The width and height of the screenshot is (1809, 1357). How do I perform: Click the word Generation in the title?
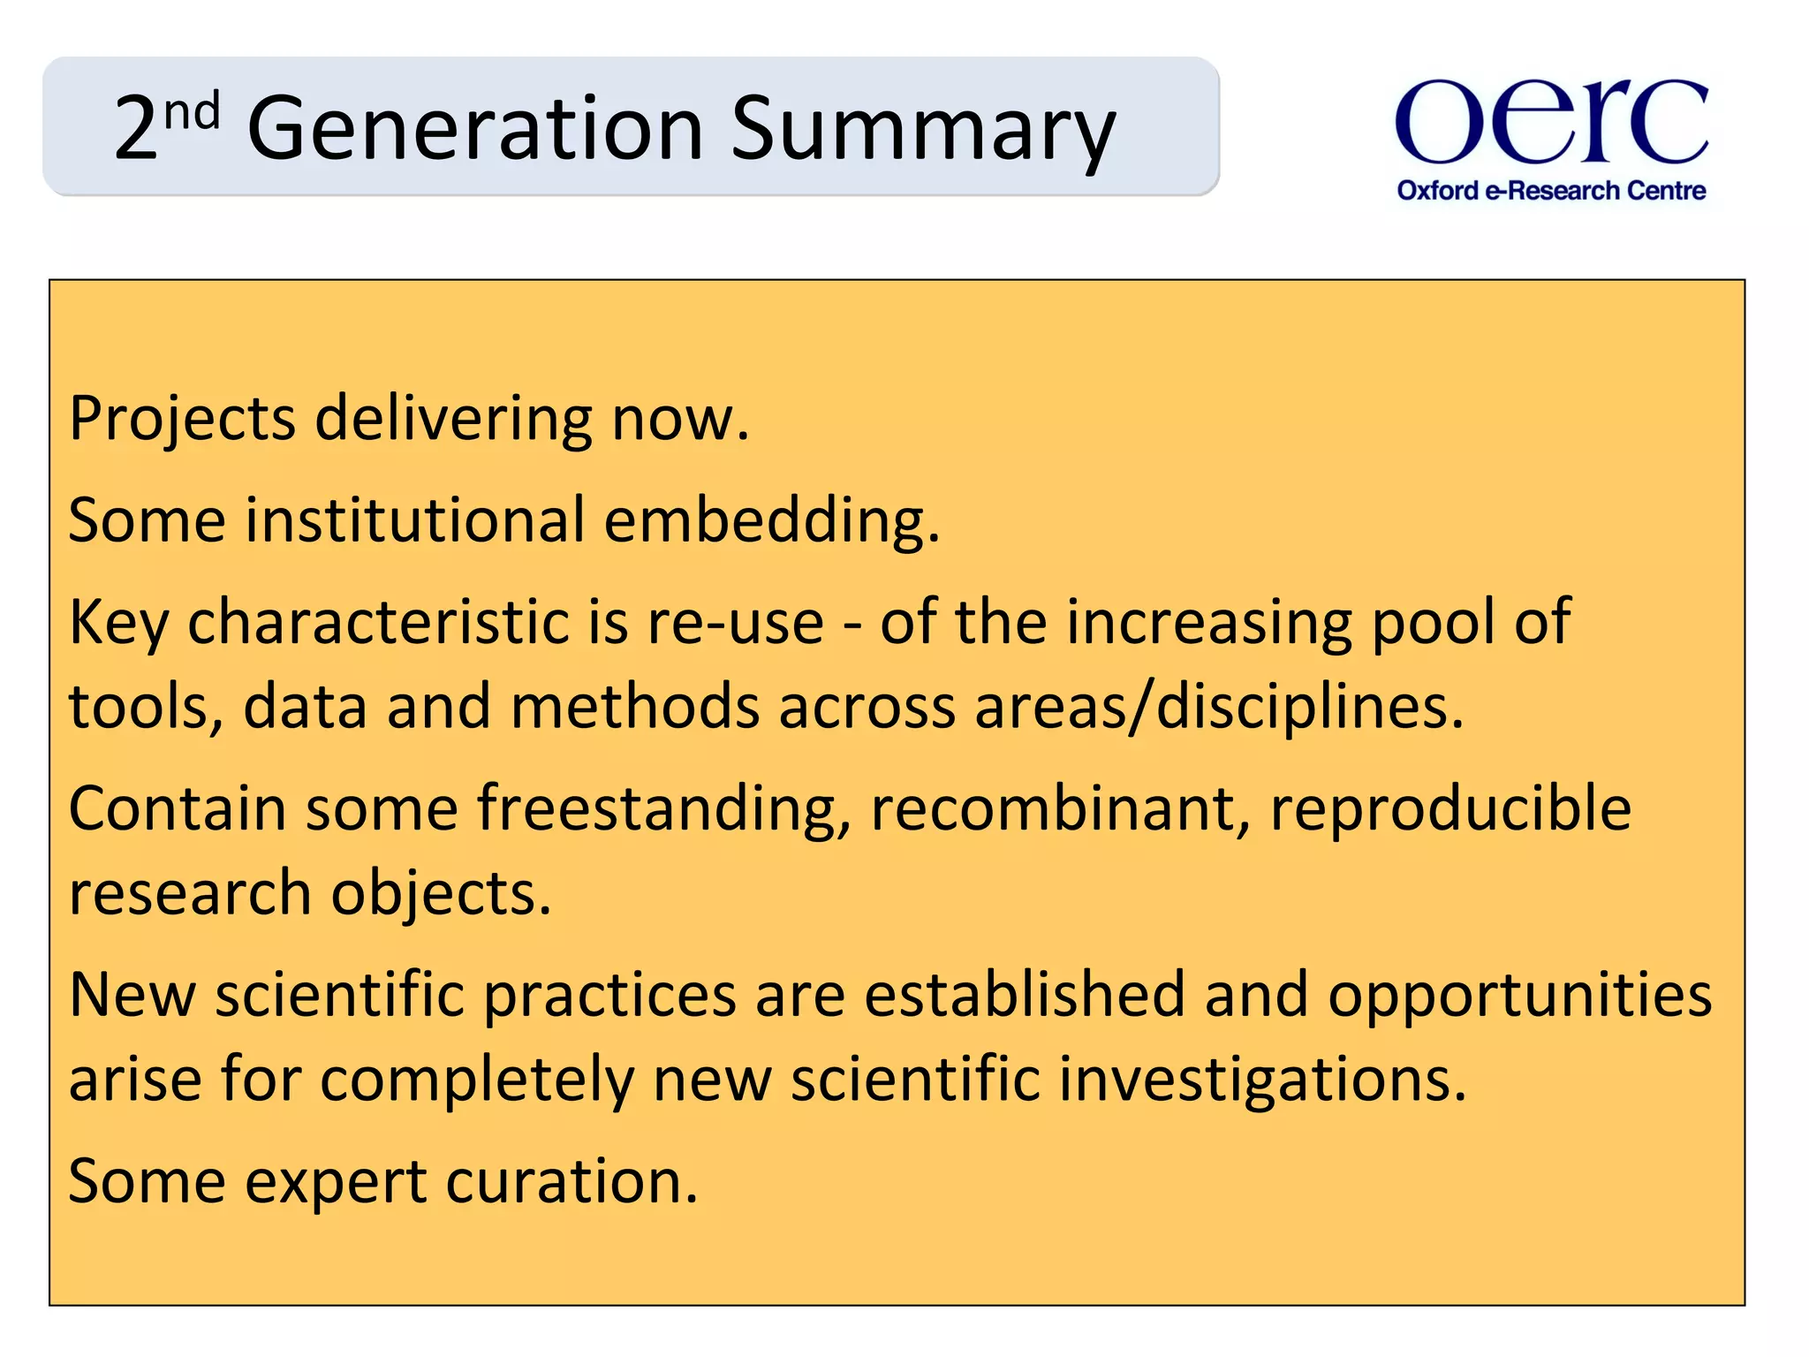[475, 130]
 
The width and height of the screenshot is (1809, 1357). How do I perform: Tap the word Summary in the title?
[923, 130]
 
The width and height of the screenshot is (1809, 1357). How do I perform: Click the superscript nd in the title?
[192, 113]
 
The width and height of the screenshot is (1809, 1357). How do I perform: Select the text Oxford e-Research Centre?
[1551, 191]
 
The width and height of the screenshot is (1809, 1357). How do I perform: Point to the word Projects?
[182, 419]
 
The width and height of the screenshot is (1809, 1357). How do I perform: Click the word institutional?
[415, 520]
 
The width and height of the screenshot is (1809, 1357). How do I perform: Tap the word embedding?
[771, 520]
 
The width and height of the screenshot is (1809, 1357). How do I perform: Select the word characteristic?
[378, 622]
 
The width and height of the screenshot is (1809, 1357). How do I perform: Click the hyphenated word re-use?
[735, 622]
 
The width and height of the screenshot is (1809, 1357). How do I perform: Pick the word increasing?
[1209, 622]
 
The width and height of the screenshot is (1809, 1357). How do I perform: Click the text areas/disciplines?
[1219, 708]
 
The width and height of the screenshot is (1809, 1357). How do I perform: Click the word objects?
[441, 893]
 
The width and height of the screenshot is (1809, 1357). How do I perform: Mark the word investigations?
[1262, 1080]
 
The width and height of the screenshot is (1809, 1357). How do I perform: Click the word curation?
[571, 1182]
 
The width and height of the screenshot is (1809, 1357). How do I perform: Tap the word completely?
[476, 1080]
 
